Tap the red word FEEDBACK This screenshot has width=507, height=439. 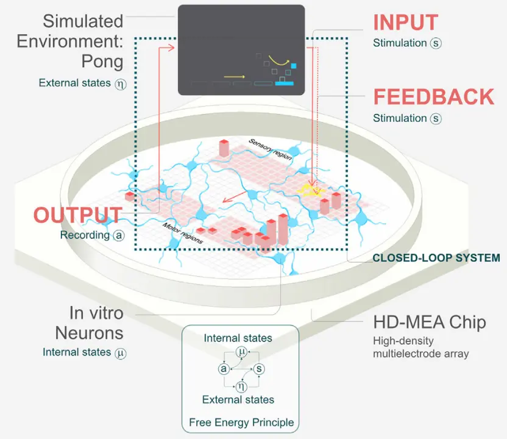coord(433,98)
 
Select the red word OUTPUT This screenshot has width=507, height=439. coord(77,215)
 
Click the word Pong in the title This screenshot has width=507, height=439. coord(102,61)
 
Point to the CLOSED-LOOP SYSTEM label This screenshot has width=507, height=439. coord(436,258)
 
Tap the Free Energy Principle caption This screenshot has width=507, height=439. coord(241,422)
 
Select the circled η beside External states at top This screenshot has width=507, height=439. coord(121,83)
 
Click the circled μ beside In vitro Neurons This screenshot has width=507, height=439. coord(121,352)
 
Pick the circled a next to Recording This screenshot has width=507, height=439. coord(118,235)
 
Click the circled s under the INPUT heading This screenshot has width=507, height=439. coord(435,43)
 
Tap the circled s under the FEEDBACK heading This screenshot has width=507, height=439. coord(435,118)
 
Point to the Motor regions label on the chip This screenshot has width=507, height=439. coord(182,234)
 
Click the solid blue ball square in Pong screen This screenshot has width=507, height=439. coord(293,66)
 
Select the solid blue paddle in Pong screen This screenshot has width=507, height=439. coord(285,83)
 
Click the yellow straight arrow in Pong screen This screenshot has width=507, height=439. coord(235,77)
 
